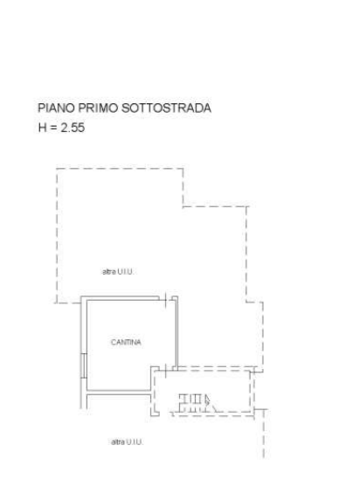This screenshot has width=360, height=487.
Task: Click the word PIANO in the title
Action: [x=56, y=108]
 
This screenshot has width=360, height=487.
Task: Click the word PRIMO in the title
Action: [x=98, y=108]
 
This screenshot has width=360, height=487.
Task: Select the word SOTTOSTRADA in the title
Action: [x=166, y=108]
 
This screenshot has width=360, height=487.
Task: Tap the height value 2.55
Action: [x=73, y=128]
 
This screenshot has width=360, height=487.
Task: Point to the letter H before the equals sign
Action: [x=43, y=128]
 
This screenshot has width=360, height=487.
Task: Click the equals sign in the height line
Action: [x=53, y=128]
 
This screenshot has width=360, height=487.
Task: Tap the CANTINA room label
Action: [x=126, y=342]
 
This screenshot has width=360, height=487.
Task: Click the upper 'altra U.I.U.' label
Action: [x=118, y=272]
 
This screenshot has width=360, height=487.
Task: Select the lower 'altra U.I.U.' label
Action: [x=127, y=442]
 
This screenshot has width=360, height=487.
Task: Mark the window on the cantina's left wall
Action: [x=84, y=365]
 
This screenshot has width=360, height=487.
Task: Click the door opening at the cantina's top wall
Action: [x=165, y=299]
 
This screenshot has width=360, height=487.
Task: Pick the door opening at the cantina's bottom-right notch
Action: [x=166, y=369]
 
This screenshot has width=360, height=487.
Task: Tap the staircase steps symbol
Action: [x=194, y=403]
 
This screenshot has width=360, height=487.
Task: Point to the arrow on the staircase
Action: [x=207, y=400]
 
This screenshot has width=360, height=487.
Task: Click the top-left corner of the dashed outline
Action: [x=57, y=169]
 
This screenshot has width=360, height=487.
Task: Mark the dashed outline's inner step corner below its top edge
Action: [x=183, y=206]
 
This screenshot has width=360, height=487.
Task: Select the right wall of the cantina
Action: [x=177, y=332]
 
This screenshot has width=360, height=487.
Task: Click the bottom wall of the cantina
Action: [x=119, y=393]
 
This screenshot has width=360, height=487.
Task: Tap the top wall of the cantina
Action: [x=121, y=298]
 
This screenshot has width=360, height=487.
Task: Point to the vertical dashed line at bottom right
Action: [x=264, y=434]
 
